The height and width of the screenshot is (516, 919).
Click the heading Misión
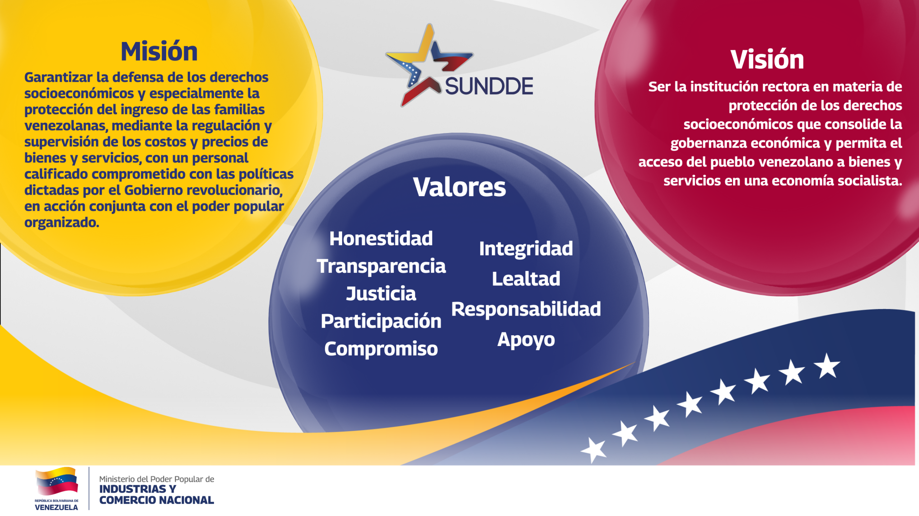point(159,52)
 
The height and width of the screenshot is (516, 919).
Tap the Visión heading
point(767,59)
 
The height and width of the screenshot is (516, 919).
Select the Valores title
point(459,187)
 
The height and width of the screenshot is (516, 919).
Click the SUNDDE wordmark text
point(489,86)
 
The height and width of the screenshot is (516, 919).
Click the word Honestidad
point(381,238)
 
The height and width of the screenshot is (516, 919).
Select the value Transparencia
point(381,266)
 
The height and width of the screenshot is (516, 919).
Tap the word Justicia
point(381,294)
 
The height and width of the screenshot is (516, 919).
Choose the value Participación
point(381,321)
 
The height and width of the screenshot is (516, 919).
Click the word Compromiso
point(381,349)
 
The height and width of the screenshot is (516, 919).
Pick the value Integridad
point(526,249)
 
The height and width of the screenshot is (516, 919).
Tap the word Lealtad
point(526,279)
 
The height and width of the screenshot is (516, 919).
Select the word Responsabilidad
point(526,309)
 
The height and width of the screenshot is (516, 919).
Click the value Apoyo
point(526,340)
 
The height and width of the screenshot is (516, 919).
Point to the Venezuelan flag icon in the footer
point(57,481)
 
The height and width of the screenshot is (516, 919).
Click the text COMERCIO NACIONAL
point(157,500)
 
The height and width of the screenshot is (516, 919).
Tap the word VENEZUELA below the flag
point(56,507)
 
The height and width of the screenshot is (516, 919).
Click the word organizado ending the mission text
point(62,223)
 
